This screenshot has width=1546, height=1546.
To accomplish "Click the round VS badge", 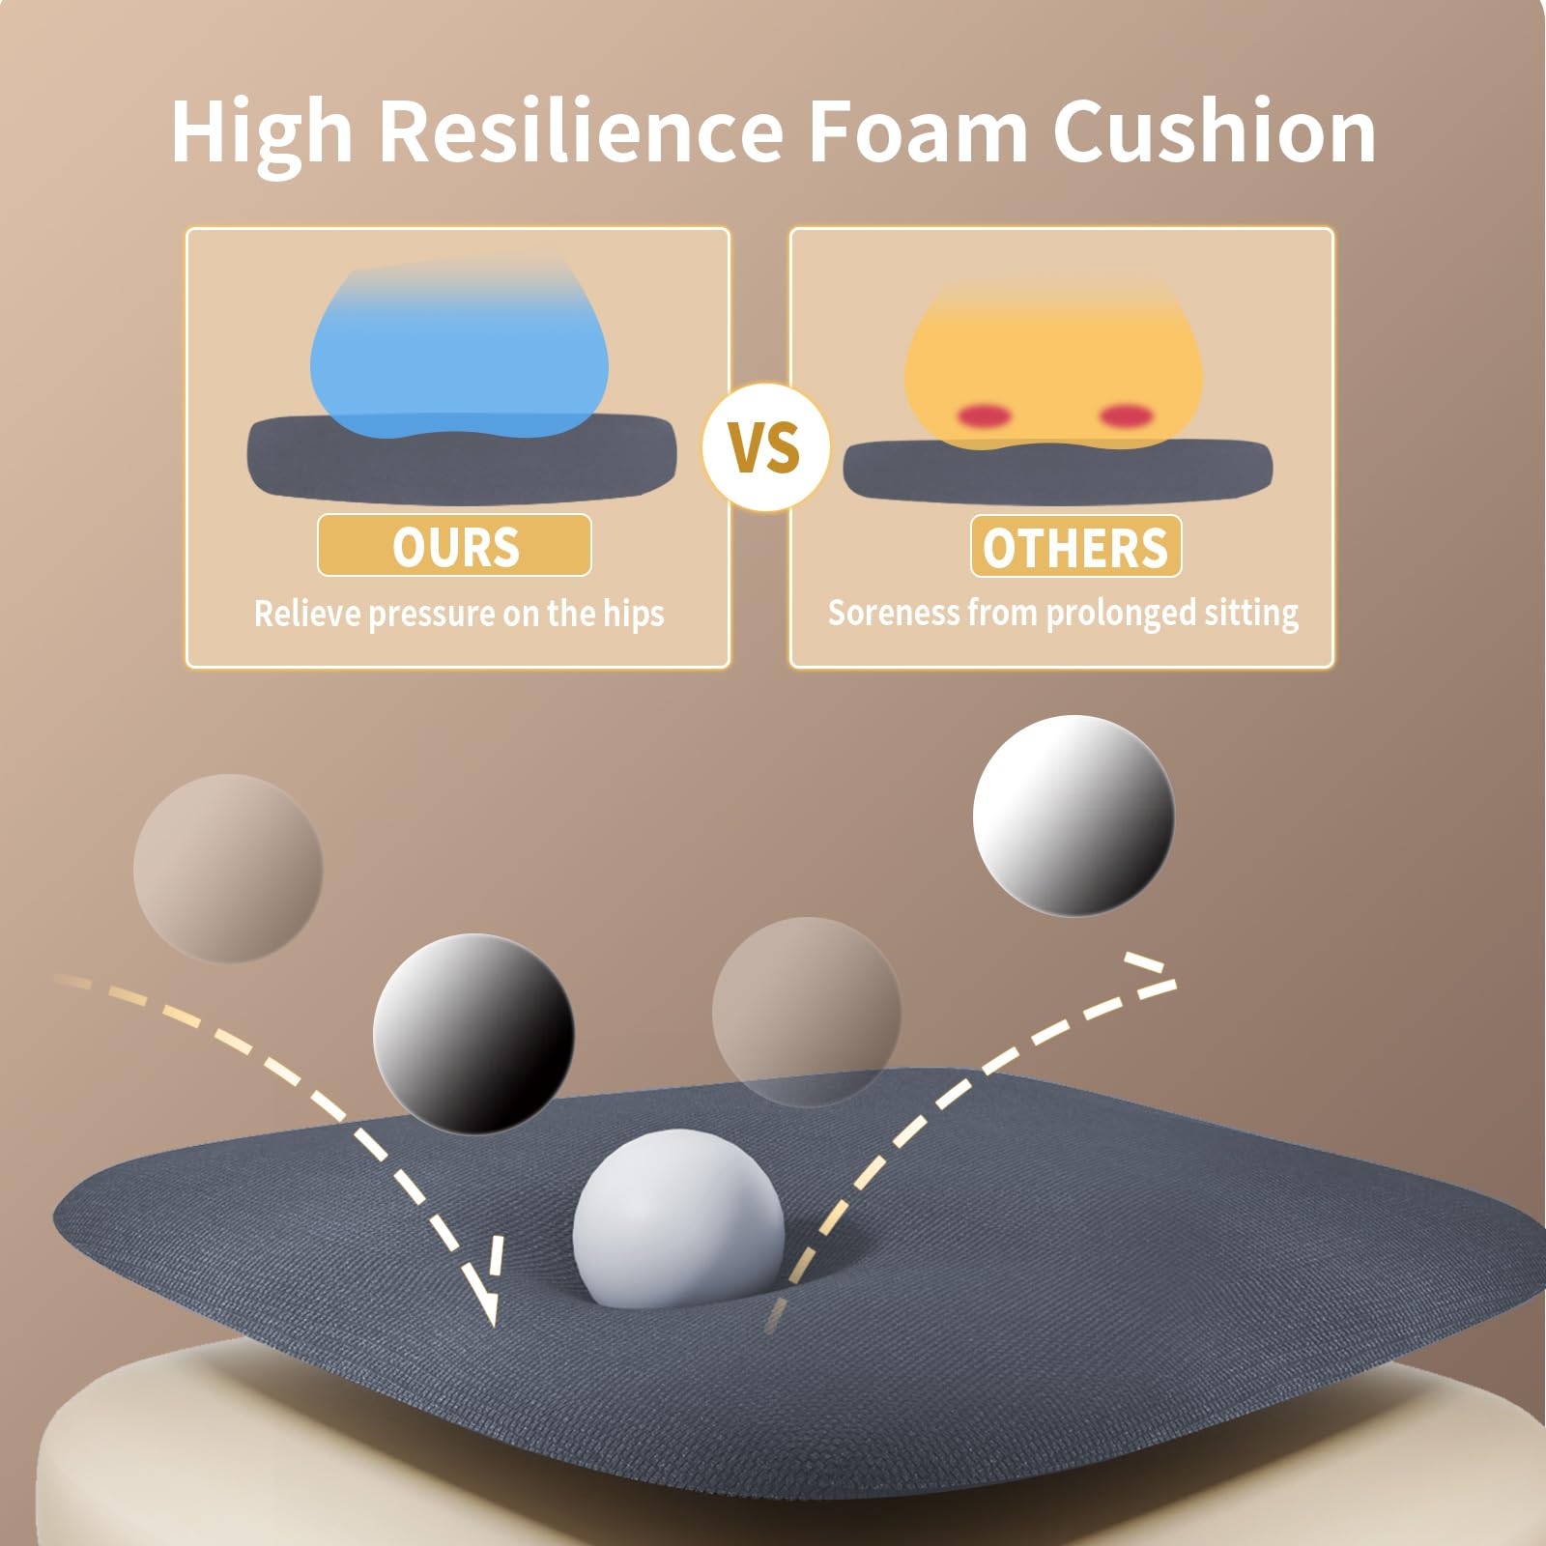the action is [x=766, y=447].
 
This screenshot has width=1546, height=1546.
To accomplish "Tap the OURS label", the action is [x=455, y=546].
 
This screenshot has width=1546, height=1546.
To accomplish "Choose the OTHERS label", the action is [x=1075, y=547].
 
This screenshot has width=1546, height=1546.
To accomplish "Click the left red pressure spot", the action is [x=984, y=416].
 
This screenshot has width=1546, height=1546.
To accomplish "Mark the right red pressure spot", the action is [x=1127, y=416].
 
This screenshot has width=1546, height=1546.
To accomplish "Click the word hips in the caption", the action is [x=634, y=615].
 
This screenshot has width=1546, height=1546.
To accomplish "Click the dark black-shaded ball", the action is [x=473, y=1034].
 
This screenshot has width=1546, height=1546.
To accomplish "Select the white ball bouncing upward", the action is [x=1074, y=816].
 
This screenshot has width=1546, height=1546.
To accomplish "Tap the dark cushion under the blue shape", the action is [x=462, y=459].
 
